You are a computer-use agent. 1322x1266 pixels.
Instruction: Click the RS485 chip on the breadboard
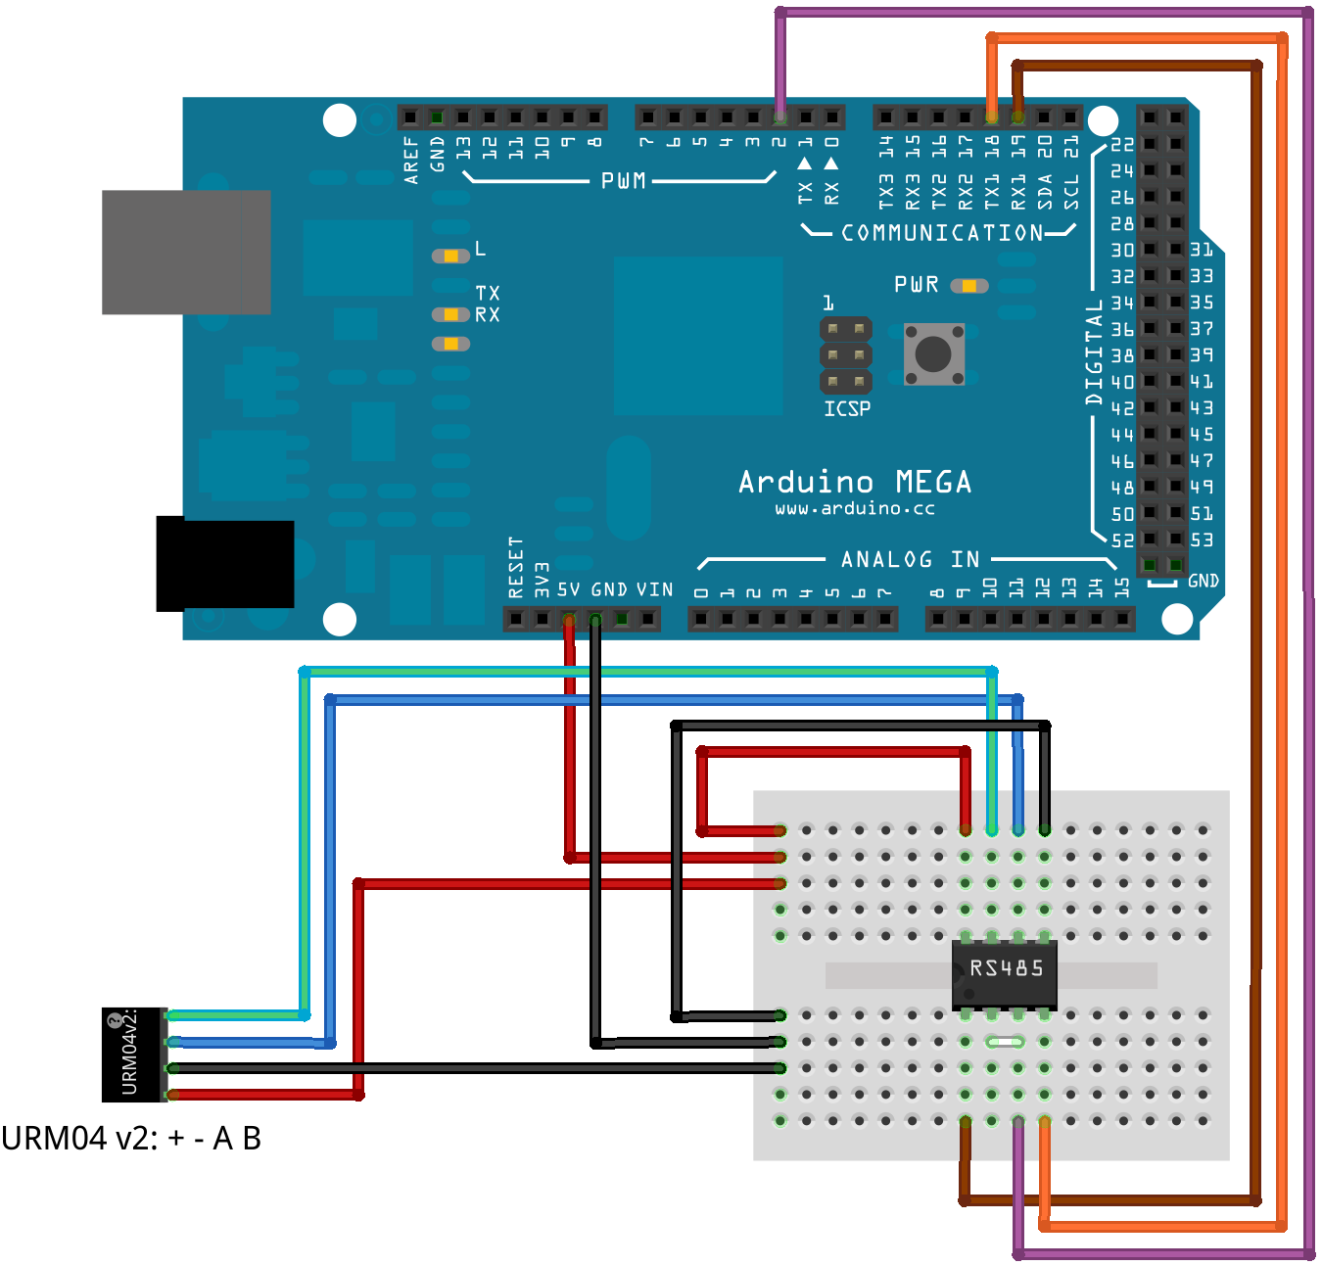(1005, 973)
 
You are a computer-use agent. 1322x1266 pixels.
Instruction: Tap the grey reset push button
(933, 353)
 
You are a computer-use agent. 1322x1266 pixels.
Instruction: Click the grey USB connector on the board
(186, 252)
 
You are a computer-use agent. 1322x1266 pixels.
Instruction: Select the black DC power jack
(225, 564)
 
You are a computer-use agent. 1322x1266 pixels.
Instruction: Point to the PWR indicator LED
(968, 286)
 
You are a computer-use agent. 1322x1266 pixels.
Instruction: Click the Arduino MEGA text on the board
(855, 482)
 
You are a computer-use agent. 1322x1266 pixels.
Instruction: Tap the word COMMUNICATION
(942, 233)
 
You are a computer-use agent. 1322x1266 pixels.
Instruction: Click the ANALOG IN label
(910, 559)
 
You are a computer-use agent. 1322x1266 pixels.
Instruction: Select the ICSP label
(847, 408)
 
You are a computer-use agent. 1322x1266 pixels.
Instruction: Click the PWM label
(623, 180)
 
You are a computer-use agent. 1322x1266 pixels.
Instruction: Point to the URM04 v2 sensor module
(134, 1055)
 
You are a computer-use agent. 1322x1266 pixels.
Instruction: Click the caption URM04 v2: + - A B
(131, 1139)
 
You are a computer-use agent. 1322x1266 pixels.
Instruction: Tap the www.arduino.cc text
(855, 509)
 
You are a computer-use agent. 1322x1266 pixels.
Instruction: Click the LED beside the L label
(450, 256)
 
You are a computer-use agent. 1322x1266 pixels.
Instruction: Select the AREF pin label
(411, 160)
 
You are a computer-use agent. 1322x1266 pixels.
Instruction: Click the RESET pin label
(516, 567)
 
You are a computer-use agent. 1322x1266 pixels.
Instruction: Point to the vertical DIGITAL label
(1094, 352)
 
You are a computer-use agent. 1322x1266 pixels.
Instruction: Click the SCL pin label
(1071, 191)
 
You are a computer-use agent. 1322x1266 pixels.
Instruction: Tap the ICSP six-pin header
(846, 354)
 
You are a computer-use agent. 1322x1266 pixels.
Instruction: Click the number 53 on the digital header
(1202, 539)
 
